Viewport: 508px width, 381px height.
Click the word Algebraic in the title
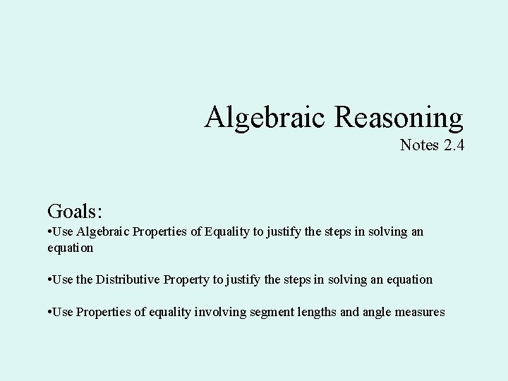pos(266,117)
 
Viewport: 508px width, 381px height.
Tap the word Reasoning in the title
pos(399,117)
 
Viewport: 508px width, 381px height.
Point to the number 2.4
pos(453,145)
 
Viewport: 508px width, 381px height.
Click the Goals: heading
pos(75,210)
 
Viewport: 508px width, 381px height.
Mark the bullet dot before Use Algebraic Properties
pos(50,232)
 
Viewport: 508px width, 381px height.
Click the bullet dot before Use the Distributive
pos(50,279)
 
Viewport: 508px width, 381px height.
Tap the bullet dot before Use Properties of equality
pos(50,311)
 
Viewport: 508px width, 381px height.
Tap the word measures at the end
pos(421,311)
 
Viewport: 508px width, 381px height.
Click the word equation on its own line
pos(70,248)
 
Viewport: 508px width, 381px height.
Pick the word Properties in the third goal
pos(104,311)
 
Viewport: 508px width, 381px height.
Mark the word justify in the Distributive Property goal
pos(241,279)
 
